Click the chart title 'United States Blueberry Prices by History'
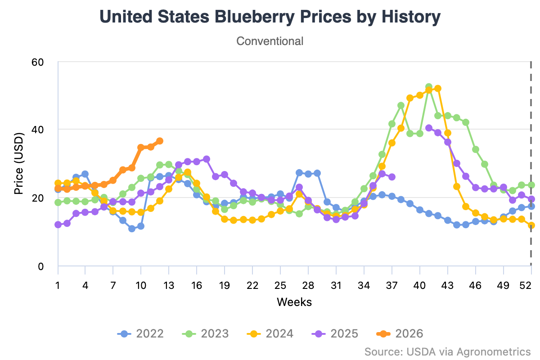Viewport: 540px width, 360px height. pyautogui.click(x=270, y=17)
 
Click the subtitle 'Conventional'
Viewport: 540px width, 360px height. pyautogui.click(x=270, y=41)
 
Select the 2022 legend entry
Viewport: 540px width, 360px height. pyautogui.click(x=140, y=333)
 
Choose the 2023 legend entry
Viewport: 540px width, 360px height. pyautogui.click(x=205, y=333)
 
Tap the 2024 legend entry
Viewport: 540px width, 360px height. pyautogui.click(x=270, y=333)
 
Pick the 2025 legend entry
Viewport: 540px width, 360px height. pyautogui.click(x=335, y=333)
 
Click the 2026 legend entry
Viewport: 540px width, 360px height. pyautogui.click(x=400, y=333)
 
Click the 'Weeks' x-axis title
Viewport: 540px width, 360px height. pyautogui.click(x=294, y=301)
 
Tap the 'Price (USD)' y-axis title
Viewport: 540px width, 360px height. pyautogui.click(x=18, y=163)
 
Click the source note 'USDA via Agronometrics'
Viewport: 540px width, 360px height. pyautogui.click(x=447, y=351)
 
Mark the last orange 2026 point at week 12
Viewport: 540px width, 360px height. pyautogui.click(x=159, y=141)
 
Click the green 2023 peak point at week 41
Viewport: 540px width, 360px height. pyautogui.click(x=429, y=87)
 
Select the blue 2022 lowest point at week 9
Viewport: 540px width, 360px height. pyautogui.click(x=132, y=229)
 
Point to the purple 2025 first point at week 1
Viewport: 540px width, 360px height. pyautogui.click(x=58, y=225)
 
